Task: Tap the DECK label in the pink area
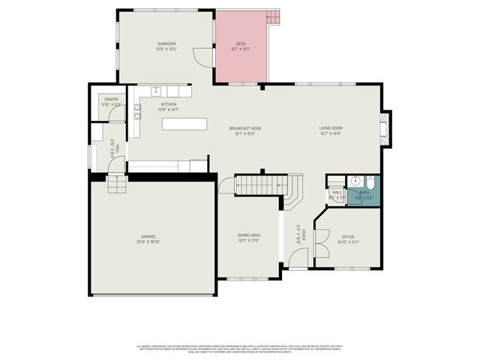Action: (240, 44)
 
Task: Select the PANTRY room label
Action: (112, 99)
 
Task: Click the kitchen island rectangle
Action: (183, 124)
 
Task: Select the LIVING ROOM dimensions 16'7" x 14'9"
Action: (331, 133)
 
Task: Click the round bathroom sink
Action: (355, 181)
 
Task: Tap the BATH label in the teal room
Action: (364, 192)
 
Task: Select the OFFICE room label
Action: (348, 236)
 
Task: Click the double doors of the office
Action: (320, 242)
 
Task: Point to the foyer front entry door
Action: (297, 261)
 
